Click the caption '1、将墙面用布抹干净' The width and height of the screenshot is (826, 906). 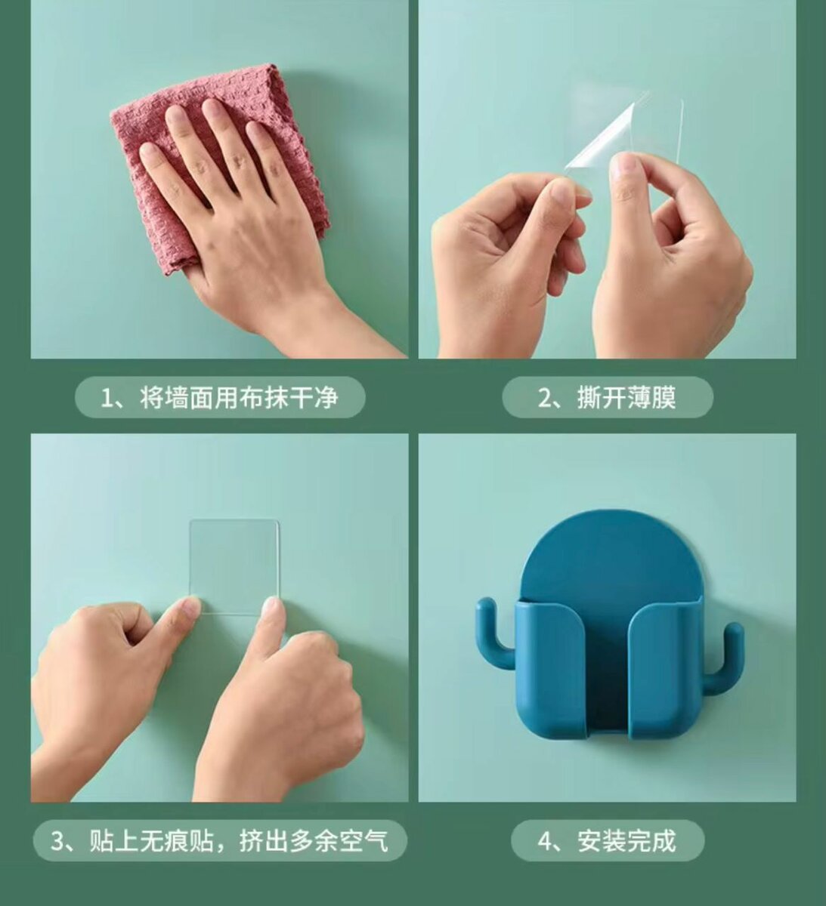[x=219, y=398]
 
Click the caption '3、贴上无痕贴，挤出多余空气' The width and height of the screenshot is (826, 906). [x=219, y=841]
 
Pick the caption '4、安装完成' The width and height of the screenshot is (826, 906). [x=607, y=841]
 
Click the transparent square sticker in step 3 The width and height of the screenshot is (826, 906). [x=234, y=567]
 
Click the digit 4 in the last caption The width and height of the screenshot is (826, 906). [x=544, y=841]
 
